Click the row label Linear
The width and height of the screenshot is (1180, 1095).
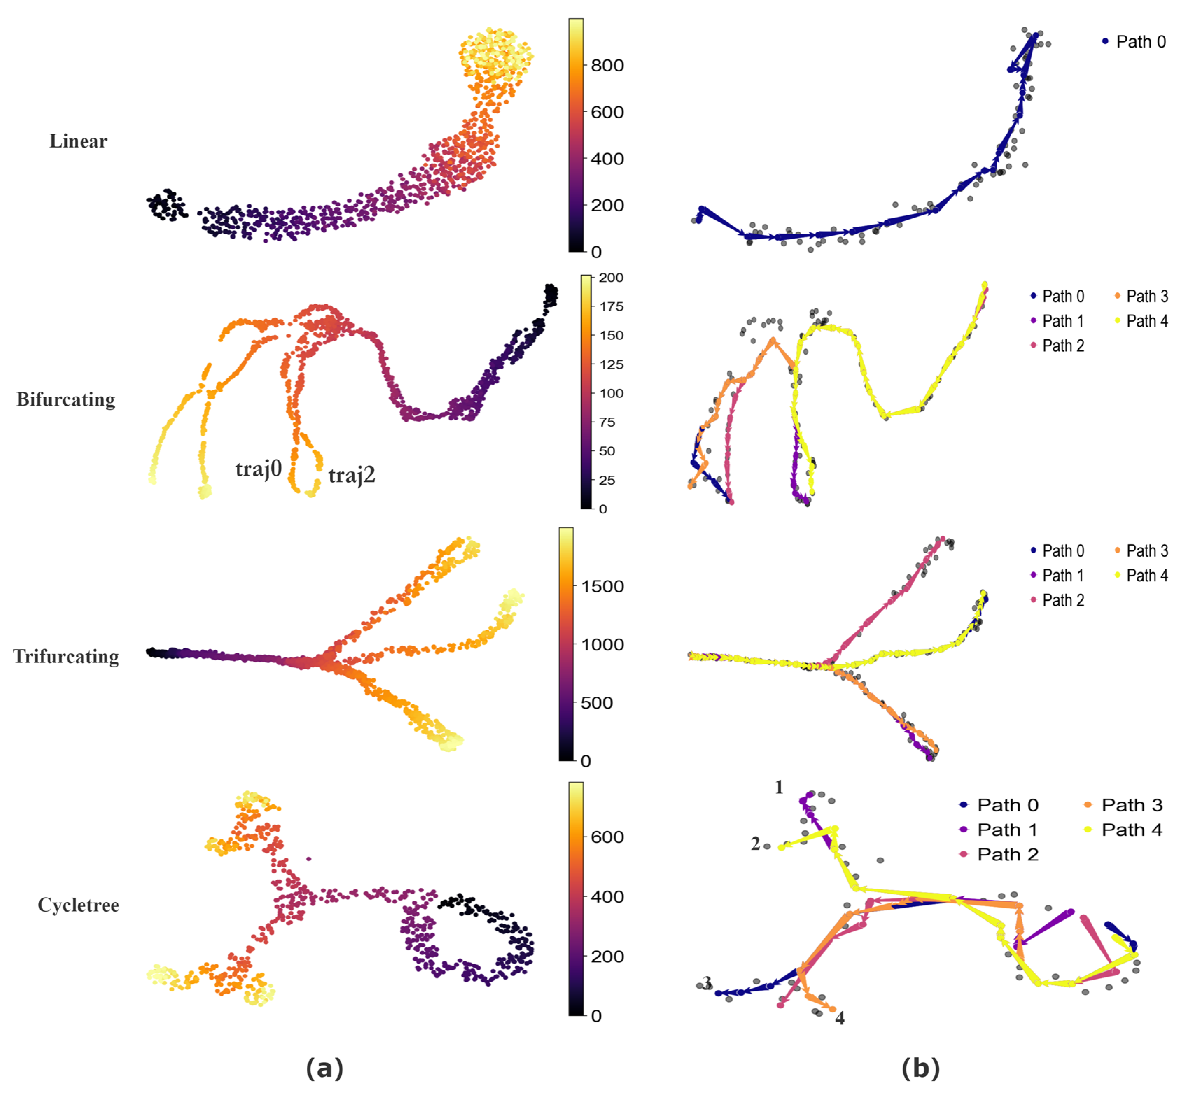(x=78, y=141)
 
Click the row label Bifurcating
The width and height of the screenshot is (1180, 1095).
(x=66, y=399)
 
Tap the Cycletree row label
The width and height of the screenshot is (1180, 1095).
(x=78, y=905)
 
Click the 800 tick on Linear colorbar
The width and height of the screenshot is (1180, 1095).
(x=607, y=65)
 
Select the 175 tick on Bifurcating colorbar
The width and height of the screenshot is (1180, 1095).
(x=611, y=306)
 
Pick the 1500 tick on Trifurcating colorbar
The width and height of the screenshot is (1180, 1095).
(x=602, y=586)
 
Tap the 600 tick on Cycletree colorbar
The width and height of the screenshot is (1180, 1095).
(x=607, y=837)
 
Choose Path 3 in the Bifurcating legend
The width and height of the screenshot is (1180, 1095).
(x=1146, y=296)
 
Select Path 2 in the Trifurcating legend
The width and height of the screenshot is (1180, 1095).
(x=1063, y=600)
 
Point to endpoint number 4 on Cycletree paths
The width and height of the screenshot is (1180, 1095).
(x=840, y=1018)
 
